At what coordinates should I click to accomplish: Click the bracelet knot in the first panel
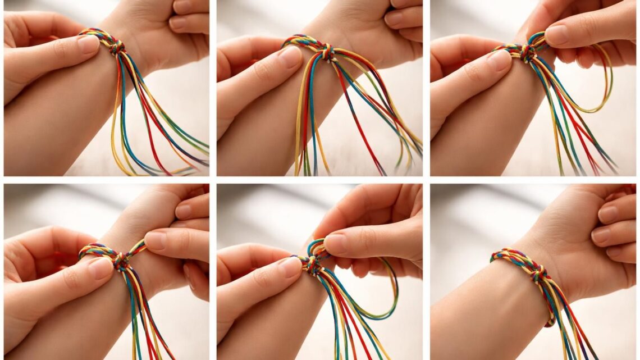(117, 48)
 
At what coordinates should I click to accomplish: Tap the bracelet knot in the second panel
(326, 52)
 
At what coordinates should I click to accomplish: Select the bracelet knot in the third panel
(527, 53)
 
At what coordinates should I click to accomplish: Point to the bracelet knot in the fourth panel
(120, 261)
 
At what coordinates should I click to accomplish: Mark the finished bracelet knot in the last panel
(537, 274)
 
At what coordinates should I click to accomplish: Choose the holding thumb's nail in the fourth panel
(100, 268)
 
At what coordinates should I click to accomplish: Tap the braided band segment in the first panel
(96, 35)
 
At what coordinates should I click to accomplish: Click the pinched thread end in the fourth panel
(137, 247)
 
